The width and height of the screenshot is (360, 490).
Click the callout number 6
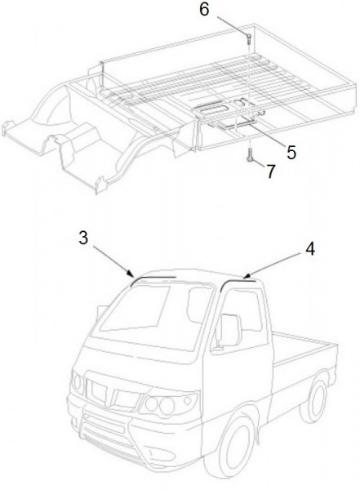pyautogui.click(x=204, y=9)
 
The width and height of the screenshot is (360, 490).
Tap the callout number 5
pyautogui.click(x=291, y=153)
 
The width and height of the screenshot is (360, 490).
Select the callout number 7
pyautogui.click(x=271, y=171)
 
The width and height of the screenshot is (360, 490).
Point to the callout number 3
pyautogui.click(x=83, y=238)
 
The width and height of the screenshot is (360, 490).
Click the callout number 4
pyautogui.click(x=310, y=249)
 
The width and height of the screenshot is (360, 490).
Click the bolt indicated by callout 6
pyautogui.click(x=249, y=38)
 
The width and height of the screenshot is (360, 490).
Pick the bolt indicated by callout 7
pyautogui.click(x=249, y=155)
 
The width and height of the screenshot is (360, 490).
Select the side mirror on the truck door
pyautogui.click(x=230, y=331)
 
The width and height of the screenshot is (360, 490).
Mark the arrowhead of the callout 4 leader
pyautogui.click(x=246, y=276)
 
